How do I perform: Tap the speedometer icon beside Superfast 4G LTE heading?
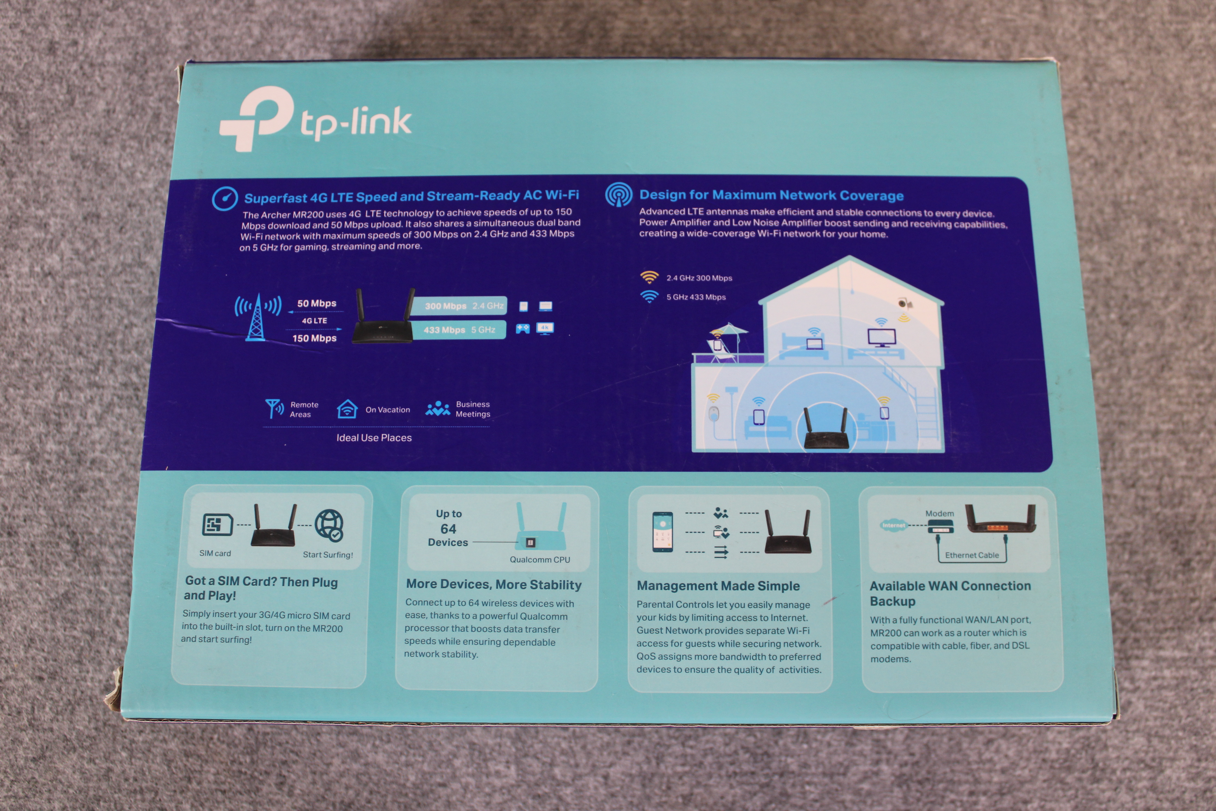tap(225, 199)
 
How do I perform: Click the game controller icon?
tap(523, 328)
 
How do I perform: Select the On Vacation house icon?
tap(347, 409)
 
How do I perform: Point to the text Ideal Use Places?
tap(374, 437)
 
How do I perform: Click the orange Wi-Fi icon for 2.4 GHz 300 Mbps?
tap(649, 278)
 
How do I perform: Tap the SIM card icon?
tap(217, 525)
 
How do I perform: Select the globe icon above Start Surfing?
tap(329, 525)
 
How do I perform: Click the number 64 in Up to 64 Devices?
tap(448, 529)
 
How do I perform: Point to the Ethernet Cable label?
tap(972, 556)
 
